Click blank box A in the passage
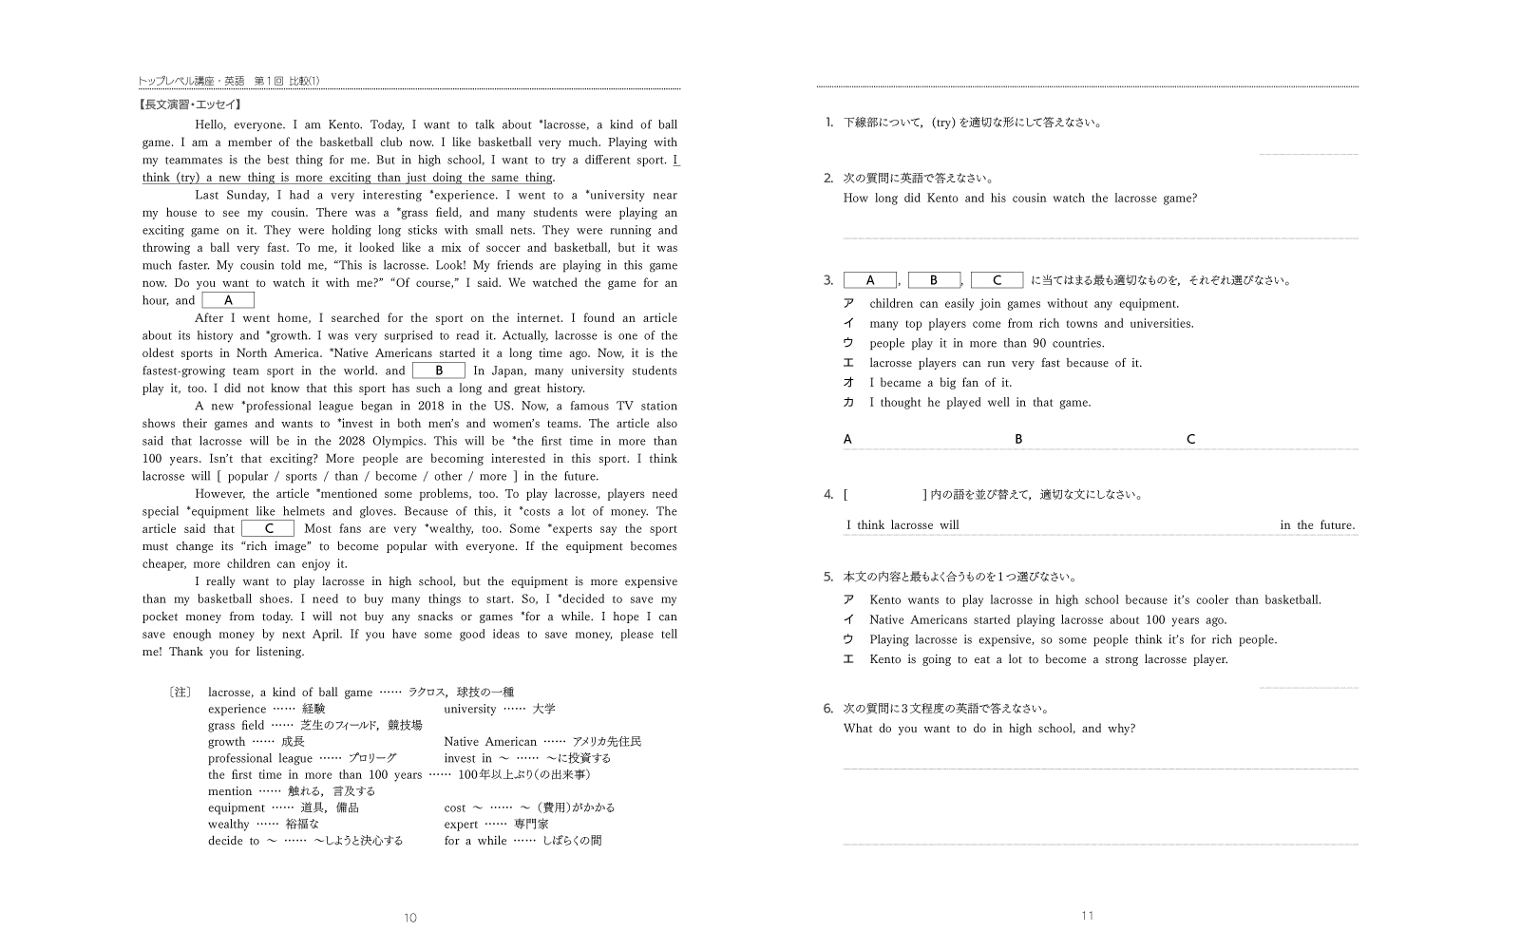[228, 300]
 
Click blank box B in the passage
[438, 370]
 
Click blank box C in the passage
[268, 528]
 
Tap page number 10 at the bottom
[410, 918]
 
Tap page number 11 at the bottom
[1087, 916]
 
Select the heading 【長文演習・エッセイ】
[190, 105]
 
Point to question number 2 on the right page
[828, 178]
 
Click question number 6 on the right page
[828, 708]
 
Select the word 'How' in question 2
[856, 199]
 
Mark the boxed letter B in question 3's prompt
[934, 280]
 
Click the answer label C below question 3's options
[1190, 439]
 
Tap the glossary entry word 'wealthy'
[229, 825]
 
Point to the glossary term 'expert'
[461, 825]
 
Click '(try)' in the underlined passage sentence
[187, 178]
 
